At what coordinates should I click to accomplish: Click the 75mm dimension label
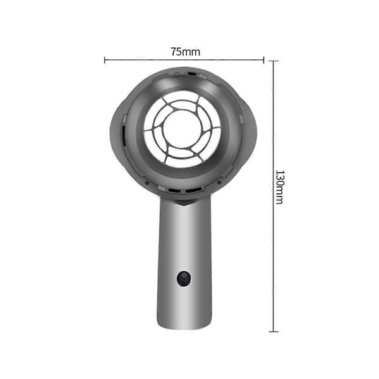185,52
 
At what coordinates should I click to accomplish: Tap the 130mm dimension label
280,188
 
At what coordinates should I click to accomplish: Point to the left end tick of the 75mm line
104,60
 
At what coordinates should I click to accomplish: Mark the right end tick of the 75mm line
263,60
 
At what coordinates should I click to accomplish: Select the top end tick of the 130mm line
274,61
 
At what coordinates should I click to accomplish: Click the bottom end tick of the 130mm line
274,332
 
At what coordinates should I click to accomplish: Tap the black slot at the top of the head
192,73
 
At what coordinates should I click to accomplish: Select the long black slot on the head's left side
124,136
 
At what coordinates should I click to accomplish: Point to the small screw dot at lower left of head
147,183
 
